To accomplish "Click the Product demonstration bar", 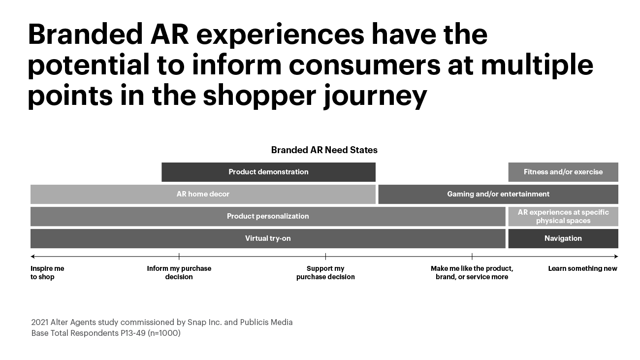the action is (x=268, y=172).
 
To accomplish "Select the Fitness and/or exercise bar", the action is (x=563, y=172).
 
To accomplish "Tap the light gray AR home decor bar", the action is (x=203, y=195).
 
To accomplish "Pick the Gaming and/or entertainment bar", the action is (x=498, y=195).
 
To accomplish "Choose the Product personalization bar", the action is (x=268, y=217).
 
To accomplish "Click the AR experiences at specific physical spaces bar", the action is (x=563, y=217).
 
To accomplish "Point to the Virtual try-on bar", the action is (x=268, y=239).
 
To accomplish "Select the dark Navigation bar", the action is (x=563, y=239).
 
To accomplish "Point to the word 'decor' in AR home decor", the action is (x=219, y=194).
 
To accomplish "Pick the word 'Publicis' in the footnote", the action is (x=255, y=323).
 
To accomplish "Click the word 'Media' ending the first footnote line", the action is (x=282, y=323).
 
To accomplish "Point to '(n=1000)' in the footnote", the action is (x=164, y=333).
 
